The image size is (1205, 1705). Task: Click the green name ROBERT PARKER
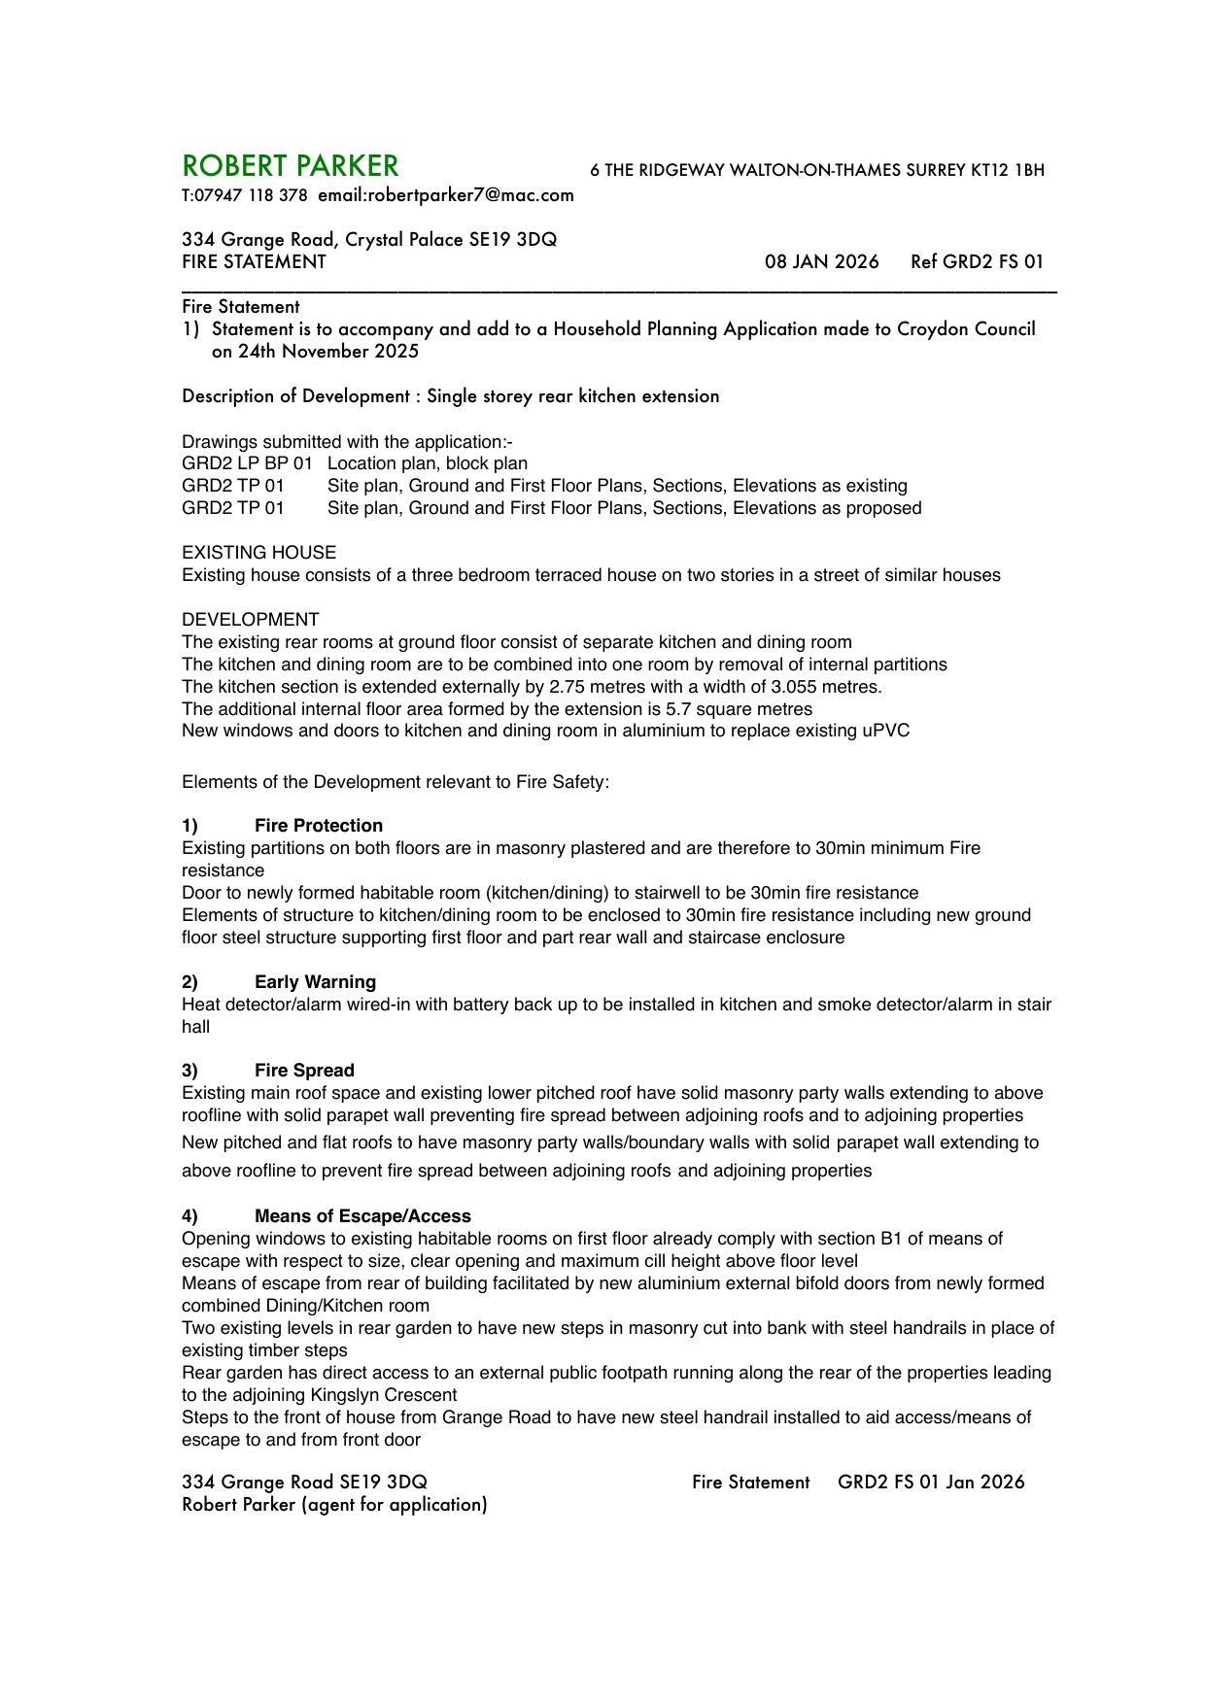[290, 166]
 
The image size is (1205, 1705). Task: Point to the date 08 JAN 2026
[821, 261]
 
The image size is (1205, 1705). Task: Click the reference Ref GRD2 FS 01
[977, 261]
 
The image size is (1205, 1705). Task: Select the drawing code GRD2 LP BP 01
[247, 463]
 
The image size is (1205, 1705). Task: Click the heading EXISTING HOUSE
[258, 553]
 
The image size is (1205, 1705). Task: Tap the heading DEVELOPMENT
[250, 620]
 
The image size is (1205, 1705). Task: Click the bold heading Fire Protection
[319, 826]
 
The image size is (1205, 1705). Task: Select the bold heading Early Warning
[315, 982]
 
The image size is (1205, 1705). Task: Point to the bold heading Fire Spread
[304, 1071]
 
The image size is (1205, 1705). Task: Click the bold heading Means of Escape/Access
[362, 1216]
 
